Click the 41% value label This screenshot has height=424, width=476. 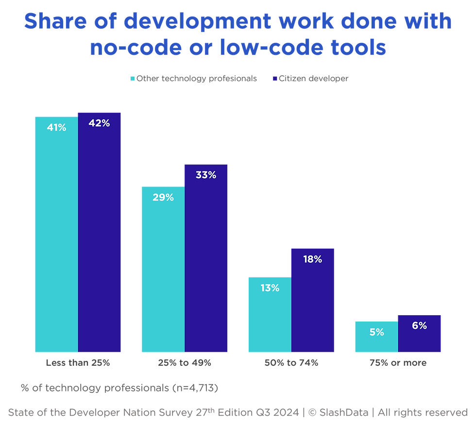point(56,128)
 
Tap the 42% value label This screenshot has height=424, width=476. point(99,123)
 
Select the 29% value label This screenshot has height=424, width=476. point(163,198)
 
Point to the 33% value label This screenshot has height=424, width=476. point(206,175)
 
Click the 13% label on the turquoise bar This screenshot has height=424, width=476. point(269,288)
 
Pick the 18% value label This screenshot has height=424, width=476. point(312,259)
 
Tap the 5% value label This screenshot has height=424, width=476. point(376,332)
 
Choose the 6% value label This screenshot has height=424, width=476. point(419,326)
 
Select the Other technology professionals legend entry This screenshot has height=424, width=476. point(197,79)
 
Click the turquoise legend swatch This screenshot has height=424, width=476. point(132,79)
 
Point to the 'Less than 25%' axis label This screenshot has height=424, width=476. point(78,363)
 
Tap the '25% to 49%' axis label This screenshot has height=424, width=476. point(184,363)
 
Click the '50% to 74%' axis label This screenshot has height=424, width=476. point(291,363)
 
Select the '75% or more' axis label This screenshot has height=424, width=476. point(398,363)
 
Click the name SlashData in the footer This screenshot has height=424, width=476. point(345,412)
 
